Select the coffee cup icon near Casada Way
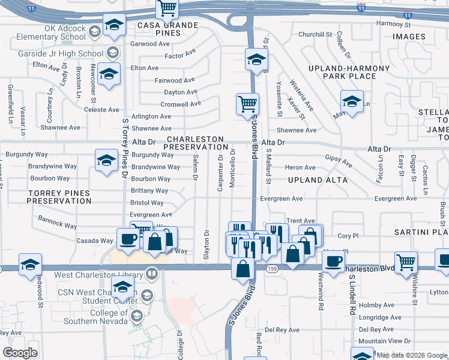(x=127, y=239)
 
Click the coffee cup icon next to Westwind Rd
(x=333, y=261)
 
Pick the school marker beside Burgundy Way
(x=106, y=160)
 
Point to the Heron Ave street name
(x=300, y=168)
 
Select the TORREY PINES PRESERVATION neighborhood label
(x=59, y=197)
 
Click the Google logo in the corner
(x=19, y=353)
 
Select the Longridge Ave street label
(x=380, y=317)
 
